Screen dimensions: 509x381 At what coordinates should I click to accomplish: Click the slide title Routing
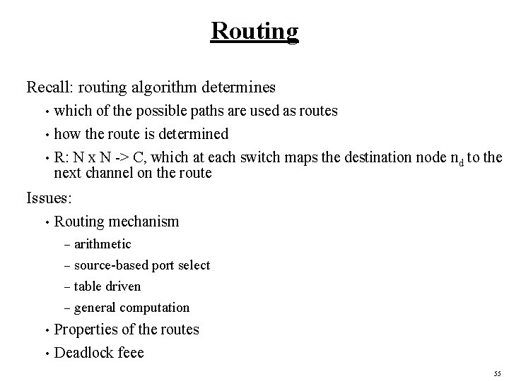[255, 32]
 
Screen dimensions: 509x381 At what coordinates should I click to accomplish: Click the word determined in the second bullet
[192, 134]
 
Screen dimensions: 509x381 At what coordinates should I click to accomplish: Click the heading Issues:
[49, 198]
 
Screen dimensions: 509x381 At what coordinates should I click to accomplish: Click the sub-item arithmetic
[103, 244]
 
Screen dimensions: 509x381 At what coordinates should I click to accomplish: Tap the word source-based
[109, 265]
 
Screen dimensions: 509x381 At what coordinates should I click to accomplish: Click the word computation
[155, 308]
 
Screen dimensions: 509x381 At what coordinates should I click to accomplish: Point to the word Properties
[86, 329]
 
